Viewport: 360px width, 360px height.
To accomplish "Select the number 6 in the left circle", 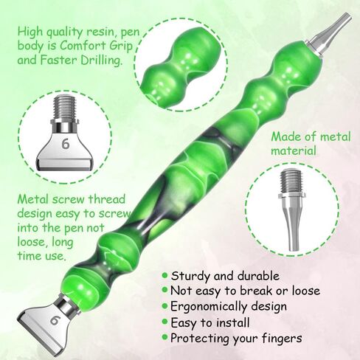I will (x=65, y=144).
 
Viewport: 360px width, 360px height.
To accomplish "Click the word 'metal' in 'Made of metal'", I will (x=330, y=136).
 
